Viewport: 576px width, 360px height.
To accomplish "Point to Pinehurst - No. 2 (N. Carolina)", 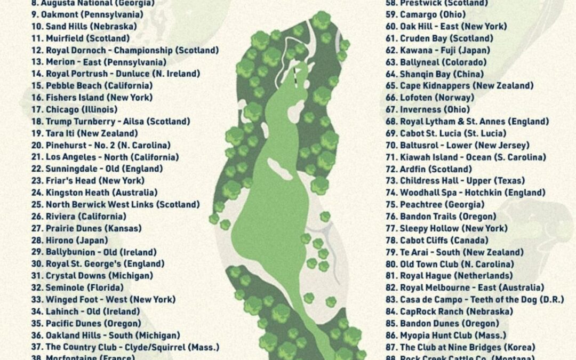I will tap(101, 145).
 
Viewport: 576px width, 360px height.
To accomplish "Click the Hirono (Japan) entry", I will tap(69, 241).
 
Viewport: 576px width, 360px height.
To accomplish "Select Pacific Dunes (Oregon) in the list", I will tap(86, 324).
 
